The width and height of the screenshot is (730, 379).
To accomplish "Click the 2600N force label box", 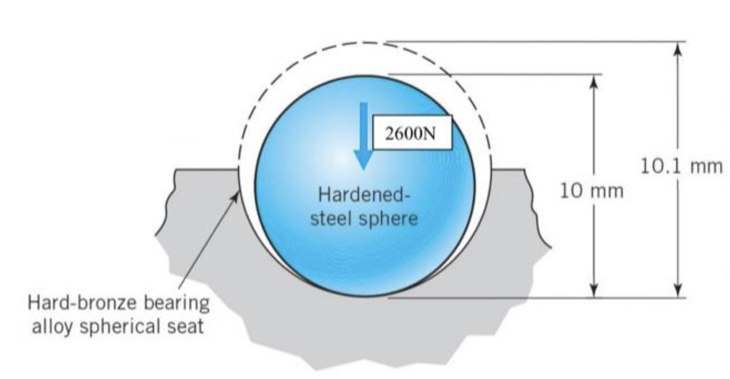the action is coord(412,133).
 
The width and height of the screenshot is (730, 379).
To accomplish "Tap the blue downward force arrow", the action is coord(363,136).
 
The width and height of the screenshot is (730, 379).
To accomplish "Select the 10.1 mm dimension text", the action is coord(681,166).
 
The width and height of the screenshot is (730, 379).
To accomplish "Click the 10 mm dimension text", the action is coord(591,191).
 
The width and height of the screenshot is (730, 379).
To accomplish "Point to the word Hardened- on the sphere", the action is coord(364,195).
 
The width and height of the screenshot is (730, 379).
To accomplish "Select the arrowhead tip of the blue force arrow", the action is coord(363,170).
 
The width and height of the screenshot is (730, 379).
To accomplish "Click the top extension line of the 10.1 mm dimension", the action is coord(536,41).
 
